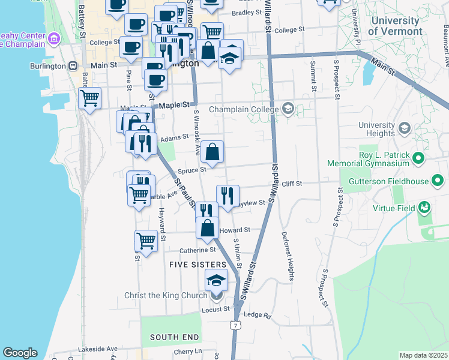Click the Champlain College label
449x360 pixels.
[x=244, y=109]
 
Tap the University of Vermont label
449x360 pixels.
[x=396, y=26]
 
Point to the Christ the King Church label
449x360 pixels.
[x=165, y=295]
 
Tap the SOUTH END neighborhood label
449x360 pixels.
[x=170, y=337]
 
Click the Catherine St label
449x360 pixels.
[x=197, y=250]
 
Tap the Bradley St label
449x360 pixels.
[x=247, y=12]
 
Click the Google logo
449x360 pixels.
[x=20, y=353]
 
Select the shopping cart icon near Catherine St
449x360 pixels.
[x=146, y=241]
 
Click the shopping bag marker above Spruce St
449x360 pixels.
[x=212, y=152]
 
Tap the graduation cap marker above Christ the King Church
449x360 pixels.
[x=217, y=280]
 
